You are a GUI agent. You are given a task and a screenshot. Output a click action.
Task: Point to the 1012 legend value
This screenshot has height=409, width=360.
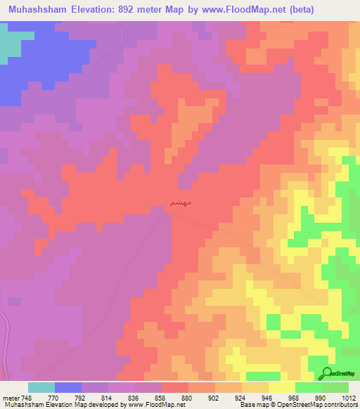coord(347,397)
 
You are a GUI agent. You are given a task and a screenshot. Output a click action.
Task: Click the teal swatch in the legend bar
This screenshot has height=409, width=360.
coord(41,387)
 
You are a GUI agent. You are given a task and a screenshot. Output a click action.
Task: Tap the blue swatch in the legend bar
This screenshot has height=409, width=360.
coord(67,387)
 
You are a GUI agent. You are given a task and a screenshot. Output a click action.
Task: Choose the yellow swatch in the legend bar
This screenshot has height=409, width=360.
coord(281,387)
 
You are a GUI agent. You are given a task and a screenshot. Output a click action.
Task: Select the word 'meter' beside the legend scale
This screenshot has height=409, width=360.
coord(11,397)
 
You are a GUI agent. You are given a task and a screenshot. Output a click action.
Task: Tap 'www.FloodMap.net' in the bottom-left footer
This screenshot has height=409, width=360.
coord(148,405)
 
